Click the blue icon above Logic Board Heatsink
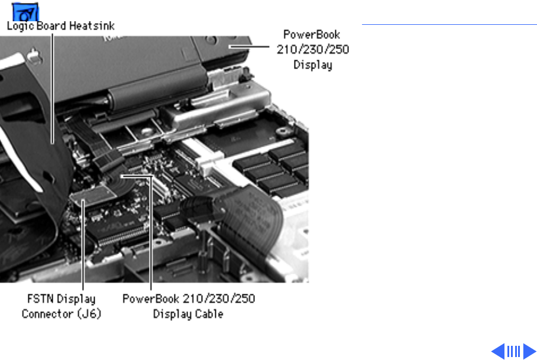point(25,12)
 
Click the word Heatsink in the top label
point(92,26)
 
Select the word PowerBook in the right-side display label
point(312,34)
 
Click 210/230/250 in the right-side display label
point(313,50)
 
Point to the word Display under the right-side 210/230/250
point(313,65)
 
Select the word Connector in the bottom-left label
point(47,314)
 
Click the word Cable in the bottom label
point(209,314)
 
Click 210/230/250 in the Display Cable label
point(219,299)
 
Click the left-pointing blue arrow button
point(497,351)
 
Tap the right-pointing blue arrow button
point(529,351)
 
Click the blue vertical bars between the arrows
point(513,352)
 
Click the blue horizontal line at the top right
point(449,24)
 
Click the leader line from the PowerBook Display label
point(250,47)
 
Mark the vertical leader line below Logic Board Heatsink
point(53,88)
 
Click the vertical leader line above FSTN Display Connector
point(83,246)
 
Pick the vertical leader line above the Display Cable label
point(151,233)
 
